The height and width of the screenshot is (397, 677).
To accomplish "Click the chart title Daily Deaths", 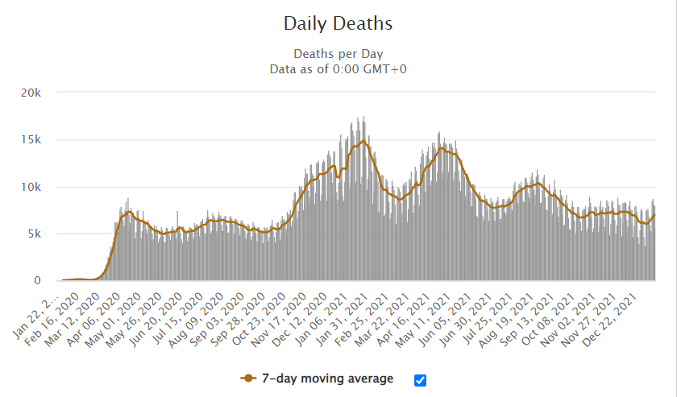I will point(338,23).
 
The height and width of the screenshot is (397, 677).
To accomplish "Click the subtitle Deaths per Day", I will point(338,54).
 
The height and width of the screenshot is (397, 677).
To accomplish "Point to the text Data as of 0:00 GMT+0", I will point(338,68).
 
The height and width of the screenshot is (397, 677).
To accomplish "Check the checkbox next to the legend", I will point(420,380).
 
